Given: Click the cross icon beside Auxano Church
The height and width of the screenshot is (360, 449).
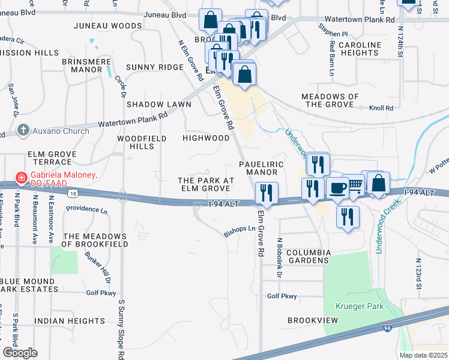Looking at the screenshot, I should tap(23, 130).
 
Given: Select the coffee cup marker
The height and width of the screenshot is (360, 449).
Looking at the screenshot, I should tap(337, 187).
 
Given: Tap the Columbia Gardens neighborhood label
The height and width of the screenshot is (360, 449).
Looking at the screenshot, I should tap(307, 256).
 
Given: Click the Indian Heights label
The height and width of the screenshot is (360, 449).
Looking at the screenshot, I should tap(66, 321).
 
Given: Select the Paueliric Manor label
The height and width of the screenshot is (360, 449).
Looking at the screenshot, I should tap(258, 167).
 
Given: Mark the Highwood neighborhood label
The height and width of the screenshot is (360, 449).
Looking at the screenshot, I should tap(206, 138).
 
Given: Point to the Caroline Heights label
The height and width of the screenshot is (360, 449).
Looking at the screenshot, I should tap(360, 49).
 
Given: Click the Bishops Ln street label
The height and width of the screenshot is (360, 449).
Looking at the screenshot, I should tap(240, 229).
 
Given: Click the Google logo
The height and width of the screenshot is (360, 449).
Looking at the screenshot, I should tap(19, 352).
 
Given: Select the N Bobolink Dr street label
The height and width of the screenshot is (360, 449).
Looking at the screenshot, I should tap(279, 258).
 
